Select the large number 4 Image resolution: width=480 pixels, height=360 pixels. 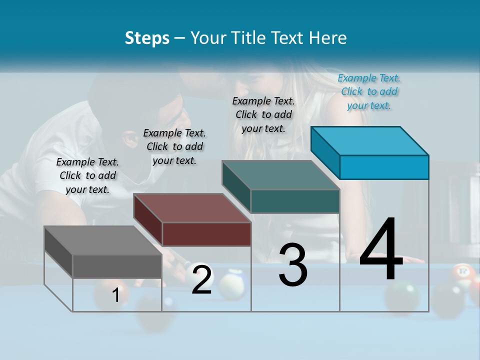(x=381, y=250)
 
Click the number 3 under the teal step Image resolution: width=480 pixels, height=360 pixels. (x=293, y=265)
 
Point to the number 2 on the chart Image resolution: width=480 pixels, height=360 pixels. (x=201, y=280)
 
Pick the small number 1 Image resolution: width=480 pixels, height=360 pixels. (x=115, y=295)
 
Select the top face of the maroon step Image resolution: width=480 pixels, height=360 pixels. (x=192, y=208)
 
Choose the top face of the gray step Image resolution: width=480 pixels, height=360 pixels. (x=103, y=240)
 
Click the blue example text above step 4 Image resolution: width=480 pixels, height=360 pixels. (x=369, y=91)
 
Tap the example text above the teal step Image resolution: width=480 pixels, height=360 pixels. (x=263, y=114)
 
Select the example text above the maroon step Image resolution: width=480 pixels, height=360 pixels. (x=174, y=146)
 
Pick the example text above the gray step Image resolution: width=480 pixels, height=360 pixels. (x=87, y=175)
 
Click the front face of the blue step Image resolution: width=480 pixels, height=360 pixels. (x=384, y=167)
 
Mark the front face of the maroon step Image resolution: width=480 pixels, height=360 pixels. (x=206, y=234)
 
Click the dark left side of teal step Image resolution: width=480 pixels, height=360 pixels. (x=236, y=186)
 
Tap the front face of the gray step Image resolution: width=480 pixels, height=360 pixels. (x=117, y=266)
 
